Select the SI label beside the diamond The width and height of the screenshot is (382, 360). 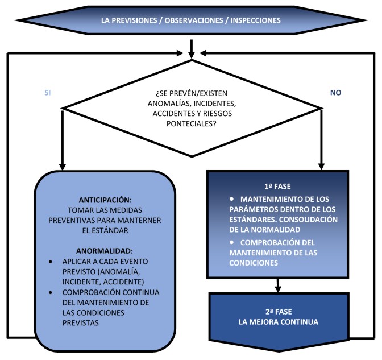tap(48, 92)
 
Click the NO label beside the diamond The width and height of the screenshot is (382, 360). tap(335, 92)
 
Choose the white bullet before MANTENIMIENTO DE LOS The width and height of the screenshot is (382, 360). tap(232, 199)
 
